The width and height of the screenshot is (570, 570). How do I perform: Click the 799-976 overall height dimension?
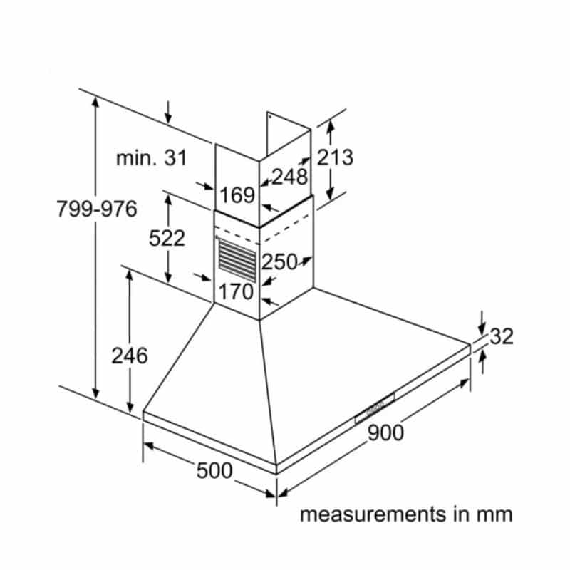pos(97,209)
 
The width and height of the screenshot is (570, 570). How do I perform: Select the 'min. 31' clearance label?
pos(152,158)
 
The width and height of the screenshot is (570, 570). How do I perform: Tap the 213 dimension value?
pos(335,157)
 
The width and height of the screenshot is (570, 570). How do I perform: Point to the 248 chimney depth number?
pos(289,177)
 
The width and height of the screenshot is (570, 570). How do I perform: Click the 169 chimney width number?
pos(237,195)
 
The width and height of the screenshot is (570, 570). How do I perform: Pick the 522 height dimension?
pos(167,238)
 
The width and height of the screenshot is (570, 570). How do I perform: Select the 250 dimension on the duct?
pos(279,262)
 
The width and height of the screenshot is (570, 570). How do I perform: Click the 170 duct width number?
pos(236,291)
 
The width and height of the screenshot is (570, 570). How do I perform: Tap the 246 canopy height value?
pos(130,354)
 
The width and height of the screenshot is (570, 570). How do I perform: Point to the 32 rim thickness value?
pos(502,336)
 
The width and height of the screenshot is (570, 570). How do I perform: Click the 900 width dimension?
pos(385,432)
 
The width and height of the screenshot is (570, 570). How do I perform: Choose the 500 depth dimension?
pos(214,470)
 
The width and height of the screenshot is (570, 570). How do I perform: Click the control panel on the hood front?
pos(373,409)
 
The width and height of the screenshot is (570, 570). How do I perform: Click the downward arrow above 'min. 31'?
pos(168,112)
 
